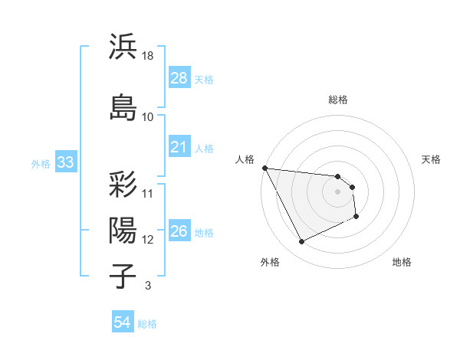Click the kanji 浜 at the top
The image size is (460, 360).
[x=123, y=47]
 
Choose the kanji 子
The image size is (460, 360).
[x=123, y=275]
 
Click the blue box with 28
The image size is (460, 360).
[x=179, y=78]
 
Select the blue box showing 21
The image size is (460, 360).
[x=179, y=147]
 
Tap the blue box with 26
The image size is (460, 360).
[x=179, y=231]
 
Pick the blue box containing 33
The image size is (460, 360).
[x=65, y=162]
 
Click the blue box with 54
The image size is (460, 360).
[x=123, y=322]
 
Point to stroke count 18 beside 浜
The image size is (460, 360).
[x=148, y=55]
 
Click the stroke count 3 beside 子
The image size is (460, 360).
[x=147, y=286]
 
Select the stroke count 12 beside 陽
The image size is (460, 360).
[x=148, y=240]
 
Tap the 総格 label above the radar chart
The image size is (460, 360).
[x=338, y=100]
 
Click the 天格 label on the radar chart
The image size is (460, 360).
[x=431, y=159]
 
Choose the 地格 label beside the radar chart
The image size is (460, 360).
[x=402, y=262]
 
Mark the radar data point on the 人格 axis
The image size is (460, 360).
[x=264, y=168]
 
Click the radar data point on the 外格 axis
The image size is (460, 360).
[x=301, y=242]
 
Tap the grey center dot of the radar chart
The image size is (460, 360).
[x=337, y=191]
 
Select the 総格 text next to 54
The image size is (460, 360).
[x=147, y=324]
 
